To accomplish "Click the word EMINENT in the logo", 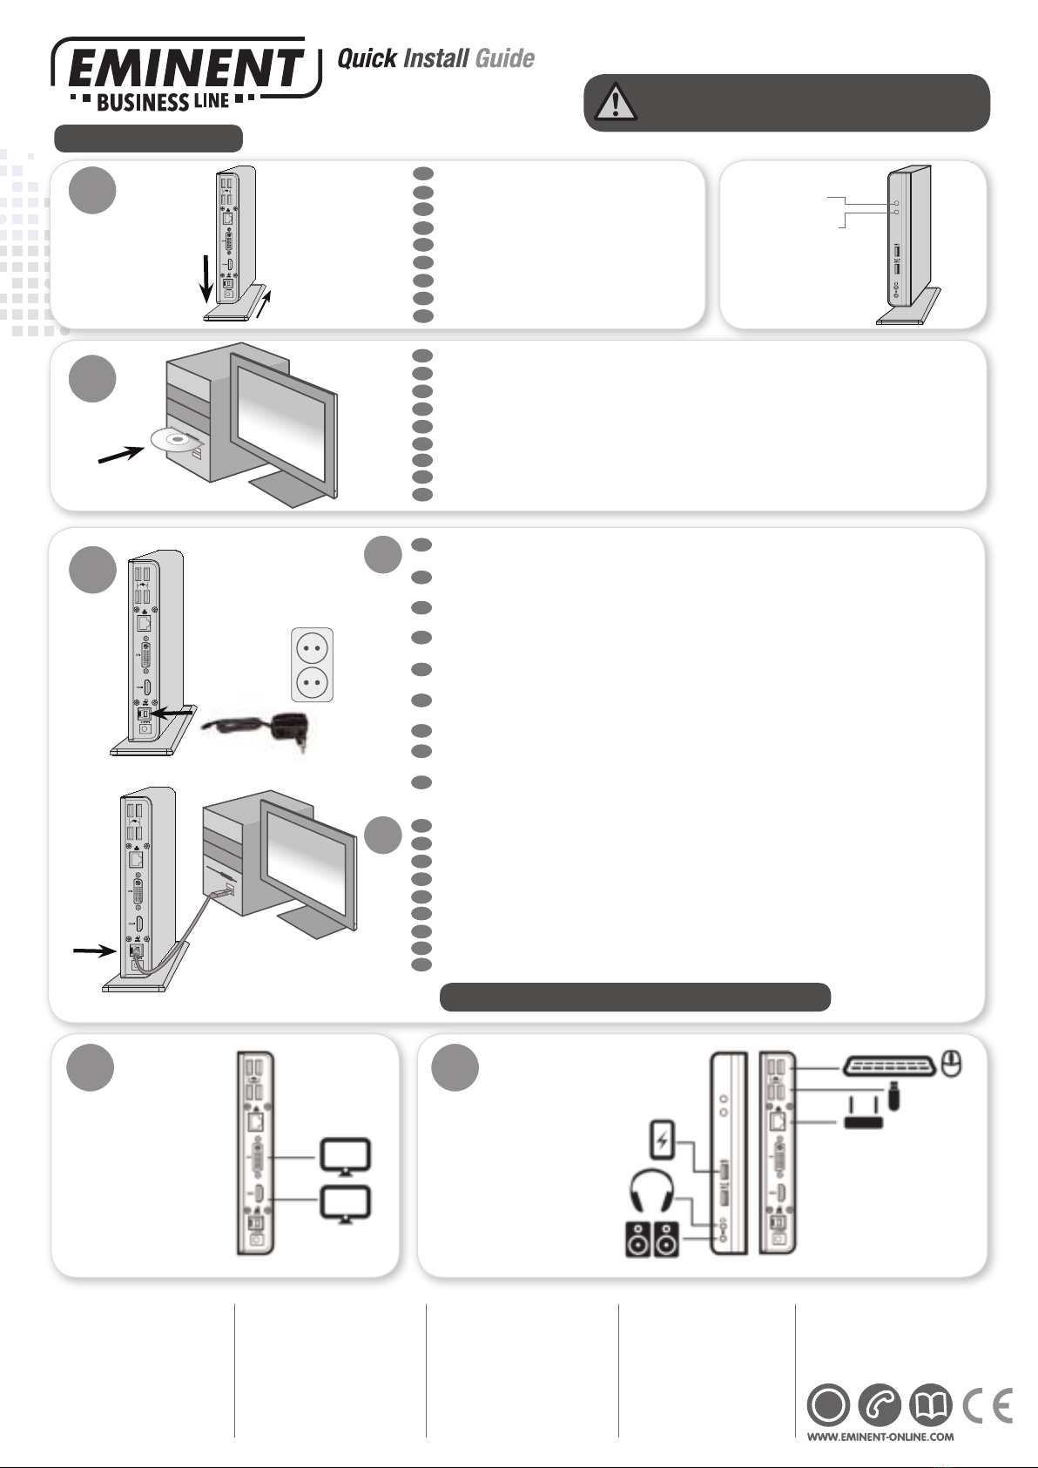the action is [x=185, y=68].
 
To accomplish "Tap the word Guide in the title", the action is [x=504, y=58].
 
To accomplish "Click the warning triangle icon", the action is [x=616, y=103].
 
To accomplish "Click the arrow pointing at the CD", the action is [x=120, y=453].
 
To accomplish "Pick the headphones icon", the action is [x=651, y=1190].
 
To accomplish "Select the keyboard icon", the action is [x=890, y=1066].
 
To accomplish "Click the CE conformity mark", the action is [x=987, y=1404].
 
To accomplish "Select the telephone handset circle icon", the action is [x=880, y=1404].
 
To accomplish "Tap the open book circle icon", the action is [x=931, y=1404].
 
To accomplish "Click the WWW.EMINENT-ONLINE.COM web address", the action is [x=880, y=1437].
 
